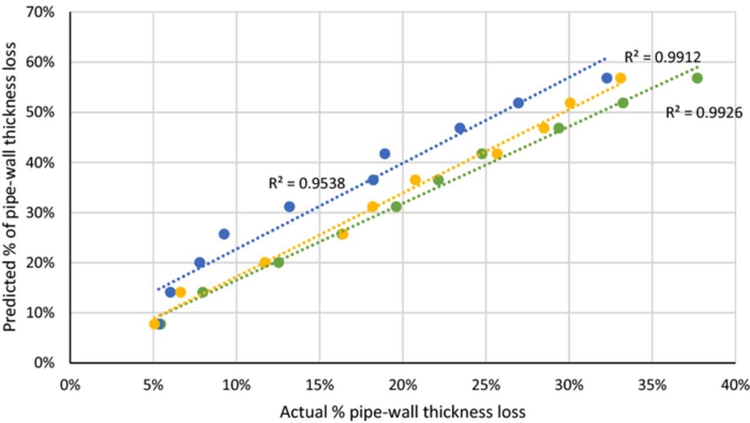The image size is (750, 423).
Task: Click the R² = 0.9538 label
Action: point(306,183)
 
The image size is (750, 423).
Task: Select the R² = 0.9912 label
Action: point(662,57)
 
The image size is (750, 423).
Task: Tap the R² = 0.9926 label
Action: point(704,112)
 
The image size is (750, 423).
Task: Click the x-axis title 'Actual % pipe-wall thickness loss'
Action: point(403,411)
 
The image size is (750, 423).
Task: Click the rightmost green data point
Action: point(697,78)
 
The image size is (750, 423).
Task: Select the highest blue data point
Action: point(606,78)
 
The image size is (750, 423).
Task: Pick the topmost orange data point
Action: point(621,78)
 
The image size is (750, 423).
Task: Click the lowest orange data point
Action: point(155,323)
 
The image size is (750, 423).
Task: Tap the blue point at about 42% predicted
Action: point(384,153)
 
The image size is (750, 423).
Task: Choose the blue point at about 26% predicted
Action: point(224,234)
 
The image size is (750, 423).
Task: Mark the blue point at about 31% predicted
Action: point(289,206)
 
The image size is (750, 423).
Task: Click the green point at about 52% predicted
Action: point(623,103)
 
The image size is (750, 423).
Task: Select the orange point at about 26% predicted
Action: point(342,234)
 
